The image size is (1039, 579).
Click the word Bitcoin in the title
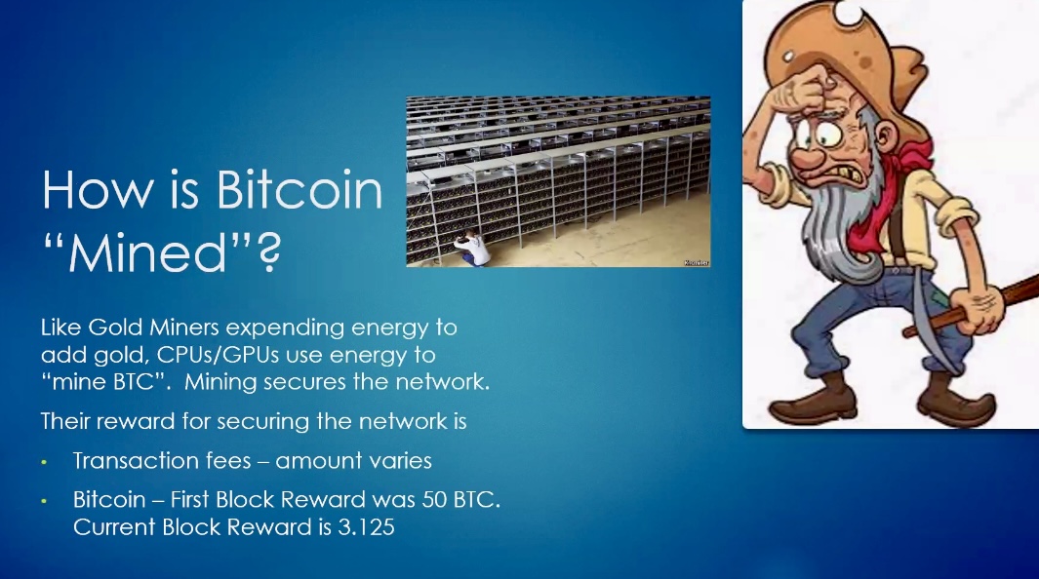[x=300, y=190]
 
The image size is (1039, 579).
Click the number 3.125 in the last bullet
[x=366, y=527]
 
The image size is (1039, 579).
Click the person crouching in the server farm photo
[x=472, y=249]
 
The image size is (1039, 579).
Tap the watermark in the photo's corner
[x=697, y=263]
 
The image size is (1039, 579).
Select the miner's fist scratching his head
[x=805, y=92]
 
